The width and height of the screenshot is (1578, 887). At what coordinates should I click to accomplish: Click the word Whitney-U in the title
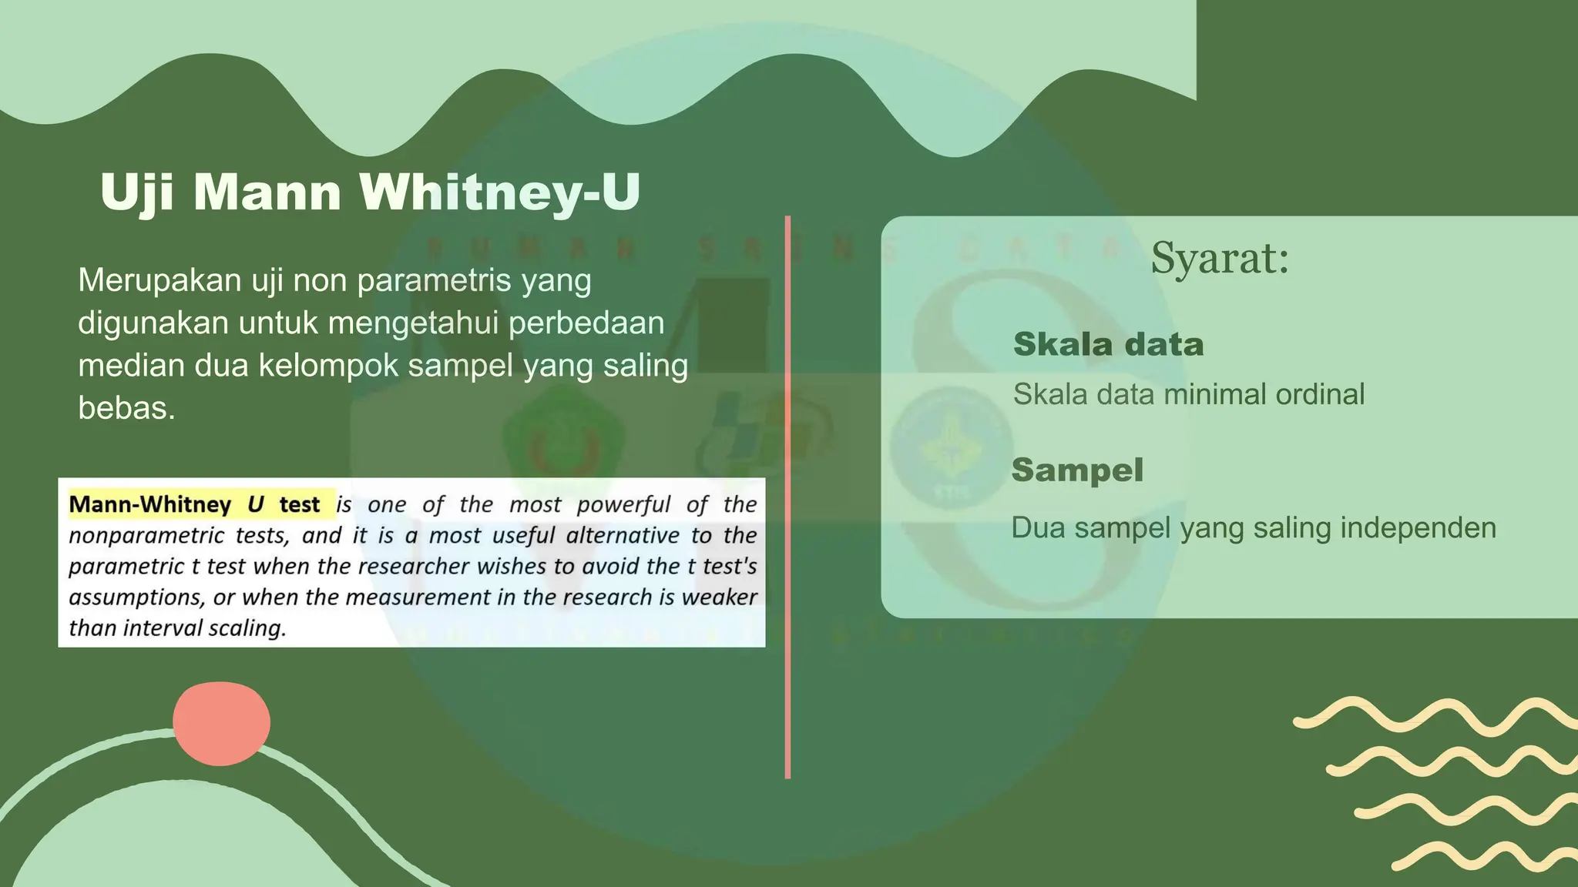[499, 192]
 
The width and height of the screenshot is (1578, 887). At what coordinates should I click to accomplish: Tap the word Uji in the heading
[136, 192]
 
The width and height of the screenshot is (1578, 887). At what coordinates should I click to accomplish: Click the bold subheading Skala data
[1108, 344]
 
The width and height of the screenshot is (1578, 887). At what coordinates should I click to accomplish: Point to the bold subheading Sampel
[1077, 470]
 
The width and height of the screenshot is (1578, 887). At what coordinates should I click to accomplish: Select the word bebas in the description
[126, 408]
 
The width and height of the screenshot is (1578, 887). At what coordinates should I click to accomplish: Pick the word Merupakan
[159, 280]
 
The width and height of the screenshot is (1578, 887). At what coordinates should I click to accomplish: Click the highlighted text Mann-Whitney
[150, 504]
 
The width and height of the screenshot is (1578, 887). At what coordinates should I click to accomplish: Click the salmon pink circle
[221, 723]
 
